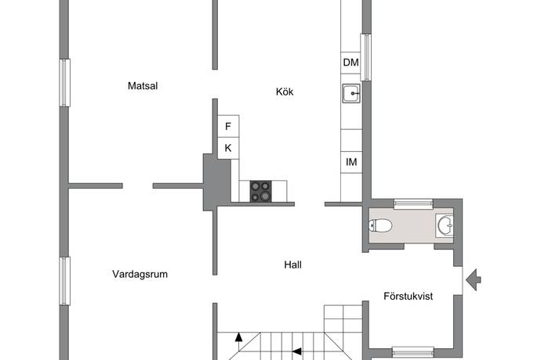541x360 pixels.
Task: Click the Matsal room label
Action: [143, 86]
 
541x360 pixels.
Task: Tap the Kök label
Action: [285, 92]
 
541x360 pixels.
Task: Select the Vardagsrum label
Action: [140, 274]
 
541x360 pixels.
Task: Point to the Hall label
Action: [292, 265]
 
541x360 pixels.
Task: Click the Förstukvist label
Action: [408, 297]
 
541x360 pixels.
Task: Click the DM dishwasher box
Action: [351, 63]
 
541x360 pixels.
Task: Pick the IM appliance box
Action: [351, 162]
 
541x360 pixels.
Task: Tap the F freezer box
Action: [228, 126]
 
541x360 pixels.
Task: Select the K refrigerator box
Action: [228, 148]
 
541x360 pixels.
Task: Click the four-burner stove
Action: [260, 191]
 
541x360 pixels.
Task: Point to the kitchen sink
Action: [351, 93]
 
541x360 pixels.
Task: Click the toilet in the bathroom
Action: [380, 226]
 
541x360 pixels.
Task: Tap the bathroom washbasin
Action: [445, 225]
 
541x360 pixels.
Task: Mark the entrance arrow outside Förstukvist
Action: [474, 279]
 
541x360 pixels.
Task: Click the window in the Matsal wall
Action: [65, 83]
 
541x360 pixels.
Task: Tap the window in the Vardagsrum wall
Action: [65, 281]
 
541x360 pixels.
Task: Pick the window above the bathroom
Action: [413, 204]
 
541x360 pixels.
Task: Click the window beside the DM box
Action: [365, 57]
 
